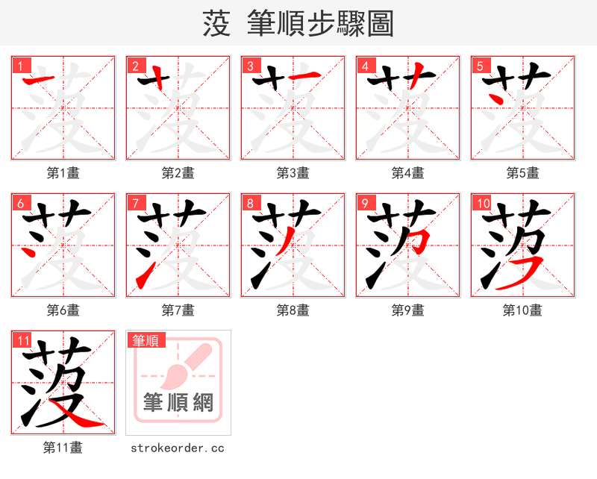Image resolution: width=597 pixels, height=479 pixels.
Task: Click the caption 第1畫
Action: coord(63,173)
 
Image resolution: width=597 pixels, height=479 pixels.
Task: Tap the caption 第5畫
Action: coord(522,173)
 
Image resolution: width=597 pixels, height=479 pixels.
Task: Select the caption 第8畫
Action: coord(293,310)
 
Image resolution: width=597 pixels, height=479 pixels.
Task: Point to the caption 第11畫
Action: coord(63,448)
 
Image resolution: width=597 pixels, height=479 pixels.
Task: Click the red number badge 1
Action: coord(20,66)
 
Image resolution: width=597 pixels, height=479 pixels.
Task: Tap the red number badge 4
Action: coord(365,66)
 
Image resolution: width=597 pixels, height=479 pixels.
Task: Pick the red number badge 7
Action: coord(135,203)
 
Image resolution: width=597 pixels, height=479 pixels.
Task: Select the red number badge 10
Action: coord(482,203)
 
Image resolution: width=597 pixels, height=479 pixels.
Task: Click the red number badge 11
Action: coord(22,340)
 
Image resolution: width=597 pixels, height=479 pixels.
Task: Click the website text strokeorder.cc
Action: coord(178,448)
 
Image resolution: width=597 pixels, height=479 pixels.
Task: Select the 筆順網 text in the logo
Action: coord(178,403)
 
